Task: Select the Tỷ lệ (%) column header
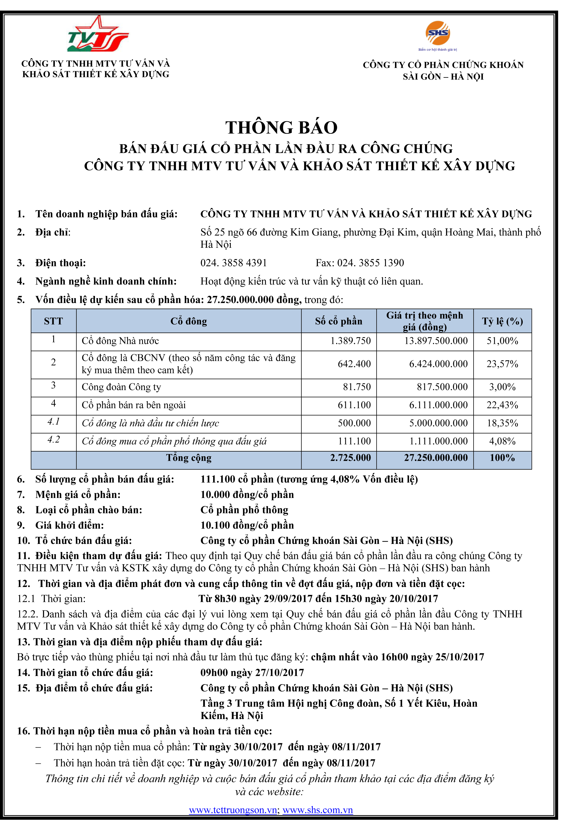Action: tap(502, 321)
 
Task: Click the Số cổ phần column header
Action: tap(338, 321)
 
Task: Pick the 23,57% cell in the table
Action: tap(502, 364)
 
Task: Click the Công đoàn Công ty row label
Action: tap(121, 387)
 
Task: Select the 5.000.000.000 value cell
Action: tap(438, 423)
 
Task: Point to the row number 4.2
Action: tap(53, 440)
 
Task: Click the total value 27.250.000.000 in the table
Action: tap(436, 458)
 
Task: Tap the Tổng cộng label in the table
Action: tap(189, 458)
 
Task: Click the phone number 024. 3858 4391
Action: tap(233, 263)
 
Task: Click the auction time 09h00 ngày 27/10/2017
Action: tap(252, 673)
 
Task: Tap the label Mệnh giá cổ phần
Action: tap(78, 495)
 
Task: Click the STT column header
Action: tap(53, 321)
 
